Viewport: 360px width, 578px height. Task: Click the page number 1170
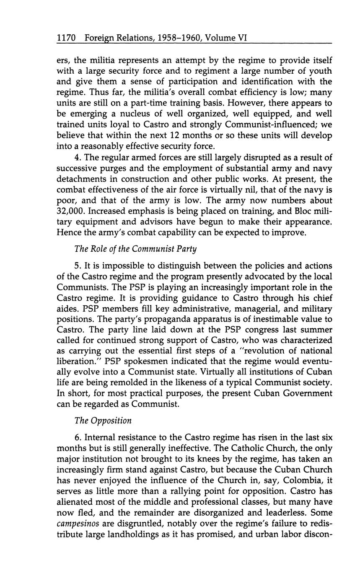[66, 38]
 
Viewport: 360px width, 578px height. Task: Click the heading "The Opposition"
[103, 421]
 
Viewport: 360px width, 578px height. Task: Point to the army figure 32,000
[71, 212]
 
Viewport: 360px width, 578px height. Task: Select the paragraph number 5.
[77, 266]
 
